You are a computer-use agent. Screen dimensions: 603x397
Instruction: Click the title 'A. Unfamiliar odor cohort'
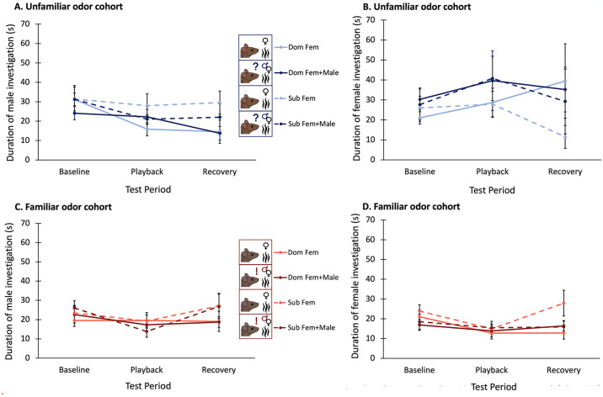point(68,7)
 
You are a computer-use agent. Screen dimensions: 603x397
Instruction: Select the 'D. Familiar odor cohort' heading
point(411,207)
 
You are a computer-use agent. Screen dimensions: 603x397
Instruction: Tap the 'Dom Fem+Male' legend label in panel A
point(313,72)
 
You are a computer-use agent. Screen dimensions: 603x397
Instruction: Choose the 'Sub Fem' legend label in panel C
point(301,303)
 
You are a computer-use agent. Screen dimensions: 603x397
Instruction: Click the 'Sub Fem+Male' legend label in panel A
point(312,124)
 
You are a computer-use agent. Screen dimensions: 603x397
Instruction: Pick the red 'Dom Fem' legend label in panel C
point(303,252)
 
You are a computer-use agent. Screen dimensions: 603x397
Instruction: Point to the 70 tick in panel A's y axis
point(25,24)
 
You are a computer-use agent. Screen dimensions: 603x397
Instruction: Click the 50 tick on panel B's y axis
point(372,60)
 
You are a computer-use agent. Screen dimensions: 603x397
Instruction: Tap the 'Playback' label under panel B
point(492,172)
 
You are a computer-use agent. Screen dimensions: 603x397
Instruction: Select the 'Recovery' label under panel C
point(219,370)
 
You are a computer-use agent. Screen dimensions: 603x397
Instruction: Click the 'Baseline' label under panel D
point(419,370)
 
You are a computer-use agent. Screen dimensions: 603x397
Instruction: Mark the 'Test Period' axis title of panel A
point(148,189)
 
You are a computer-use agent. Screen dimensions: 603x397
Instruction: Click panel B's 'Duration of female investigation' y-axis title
point(357,88)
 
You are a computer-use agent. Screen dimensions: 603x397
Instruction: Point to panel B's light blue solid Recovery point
point(565,81)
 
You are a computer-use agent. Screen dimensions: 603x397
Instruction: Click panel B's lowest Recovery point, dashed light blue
point(565,137)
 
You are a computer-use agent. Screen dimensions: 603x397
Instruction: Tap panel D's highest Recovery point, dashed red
point(563,303)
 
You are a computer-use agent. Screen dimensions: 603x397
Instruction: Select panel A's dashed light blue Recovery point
point(220,103)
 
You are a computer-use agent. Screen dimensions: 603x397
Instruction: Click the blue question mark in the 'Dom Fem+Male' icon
point(256,66)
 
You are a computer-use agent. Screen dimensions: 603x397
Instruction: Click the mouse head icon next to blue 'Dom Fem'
point(249,51)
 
